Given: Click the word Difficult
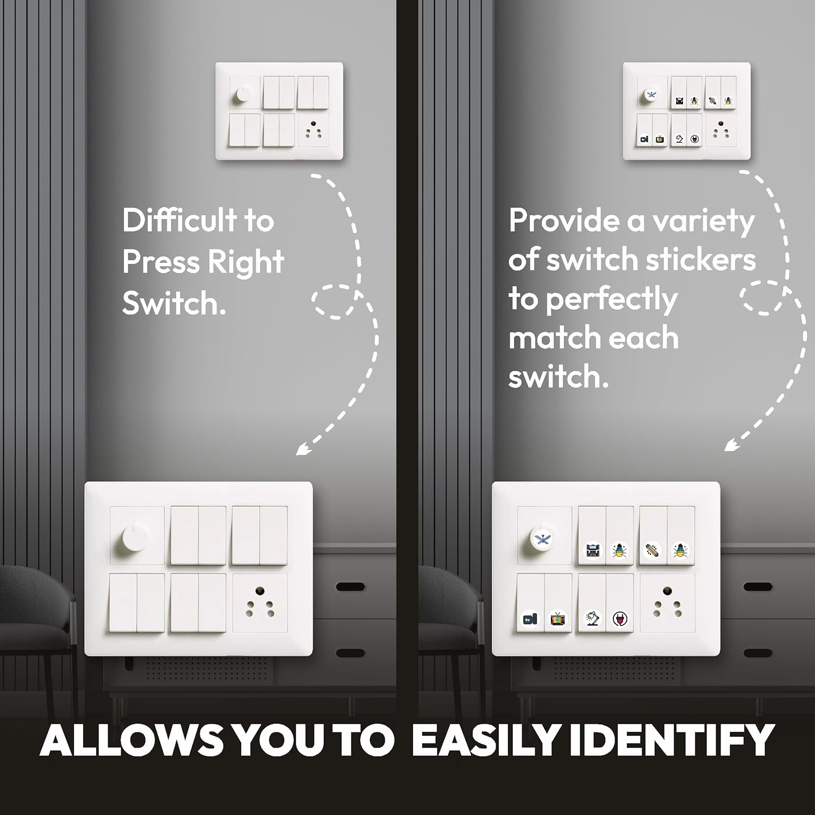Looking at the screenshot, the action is (x=179, y=220).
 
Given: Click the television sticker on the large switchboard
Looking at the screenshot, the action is (x=557, y=619).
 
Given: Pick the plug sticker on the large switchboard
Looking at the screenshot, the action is (x=619, y=619).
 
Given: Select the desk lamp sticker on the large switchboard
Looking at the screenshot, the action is (x=592, y=618).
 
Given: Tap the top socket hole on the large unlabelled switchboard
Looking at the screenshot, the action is (x=260, y=591).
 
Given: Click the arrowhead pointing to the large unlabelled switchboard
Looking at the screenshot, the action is (x=303, y=449).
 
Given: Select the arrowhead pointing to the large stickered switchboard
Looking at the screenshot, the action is (x=732, y=445).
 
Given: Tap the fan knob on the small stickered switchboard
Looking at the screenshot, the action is (x=650, y=95).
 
